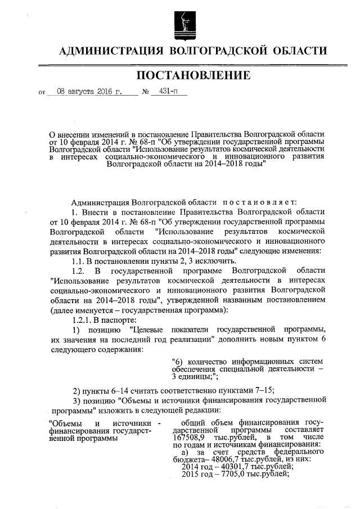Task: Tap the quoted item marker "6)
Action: point(178,361)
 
